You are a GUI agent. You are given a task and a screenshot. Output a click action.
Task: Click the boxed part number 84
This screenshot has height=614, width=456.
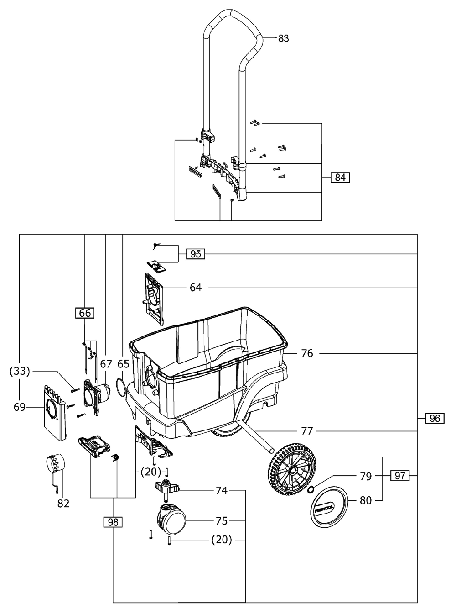(x=340, y=177)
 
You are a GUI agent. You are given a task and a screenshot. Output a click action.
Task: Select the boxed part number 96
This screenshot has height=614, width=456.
(x=435, y=418)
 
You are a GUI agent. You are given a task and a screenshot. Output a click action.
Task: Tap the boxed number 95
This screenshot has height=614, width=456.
(x=196, y=254)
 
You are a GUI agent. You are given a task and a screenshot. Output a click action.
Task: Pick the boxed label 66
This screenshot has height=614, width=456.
(x=85, y=313)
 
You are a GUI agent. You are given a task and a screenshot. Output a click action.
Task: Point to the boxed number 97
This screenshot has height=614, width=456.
(x=399, y=476)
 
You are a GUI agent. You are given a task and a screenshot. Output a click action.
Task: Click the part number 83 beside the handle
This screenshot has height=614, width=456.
(x=284, y=38)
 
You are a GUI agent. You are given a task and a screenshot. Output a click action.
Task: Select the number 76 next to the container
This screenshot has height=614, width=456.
(x=307, y=353)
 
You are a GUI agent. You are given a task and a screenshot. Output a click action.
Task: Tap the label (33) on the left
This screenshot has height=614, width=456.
(x=19, y=371)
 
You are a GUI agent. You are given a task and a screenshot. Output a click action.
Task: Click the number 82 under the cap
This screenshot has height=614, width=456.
(x=63, y=504)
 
